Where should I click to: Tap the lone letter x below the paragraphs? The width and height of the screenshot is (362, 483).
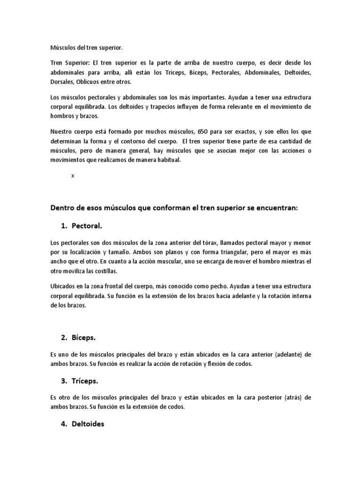pyautogui.click(x=73, y=175)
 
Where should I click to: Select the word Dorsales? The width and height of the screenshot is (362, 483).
pyautogui.click(x=61, y=81)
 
